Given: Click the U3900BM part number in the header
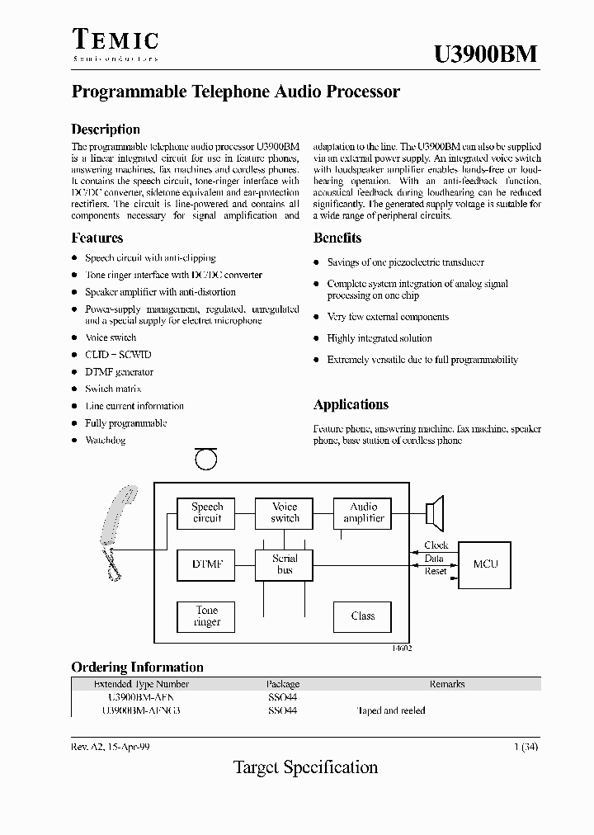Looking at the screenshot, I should click(485, 54).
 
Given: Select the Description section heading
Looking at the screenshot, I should click(106, 130).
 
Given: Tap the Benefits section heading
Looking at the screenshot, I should click(337, 238).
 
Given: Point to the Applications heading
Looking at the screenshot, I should click(351, 405).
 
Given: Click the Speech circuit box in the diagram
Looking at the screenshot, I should click(206, 513).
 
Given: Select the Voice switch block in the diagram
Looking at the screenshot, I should click(285, 513).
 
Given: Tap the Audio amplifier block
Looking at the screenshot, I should click(363, 513).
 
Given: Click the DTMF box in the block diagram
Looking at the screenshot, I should click(206, 564).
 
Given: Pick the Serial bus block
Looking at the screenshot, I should click(285, 564).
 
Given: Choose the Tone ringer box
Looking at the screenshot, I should click(206, 616).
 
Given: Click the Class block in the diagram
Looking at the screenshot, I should click(363, 616).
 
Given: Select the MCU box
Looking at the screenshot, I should click(485, 564).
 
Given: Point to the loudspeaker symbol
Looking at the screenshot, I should click(435, 512).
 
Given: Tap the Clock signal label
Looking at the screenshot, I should click(435, 545).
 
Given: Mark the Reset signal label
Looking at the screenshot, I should click(435, 571).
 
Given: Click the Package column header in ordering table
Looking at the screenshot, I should click(283, 684).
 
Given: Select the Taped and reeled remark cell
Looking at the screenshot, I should click(390, 710).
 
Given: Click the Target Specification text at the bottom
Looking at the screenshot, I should click(305, 767).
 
